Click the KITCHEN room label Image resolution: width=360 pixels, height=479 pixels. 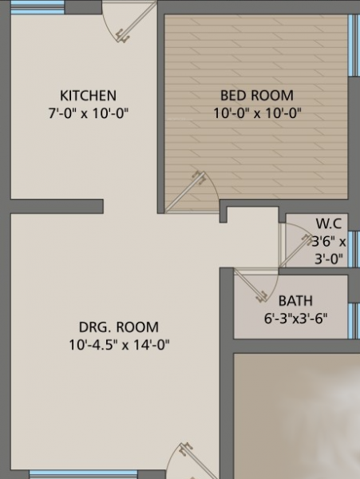[x=88, y=95]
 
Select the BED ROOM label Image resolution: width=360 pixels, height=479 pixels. [x=256, y=95]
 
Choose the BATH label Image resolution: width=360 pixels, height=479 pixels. [x=295, y=301]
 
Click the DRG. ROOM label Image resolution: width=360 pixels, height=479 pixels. [x=119, y=327]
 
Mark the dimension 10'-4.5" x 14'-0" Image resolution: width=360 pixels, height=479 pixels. [x=119, y=345]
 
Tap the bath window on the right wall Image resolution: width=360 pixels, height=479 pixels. [x=354, y=319]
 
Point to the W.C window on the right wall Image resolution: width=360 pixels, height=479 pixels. [x=355, y=247]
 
